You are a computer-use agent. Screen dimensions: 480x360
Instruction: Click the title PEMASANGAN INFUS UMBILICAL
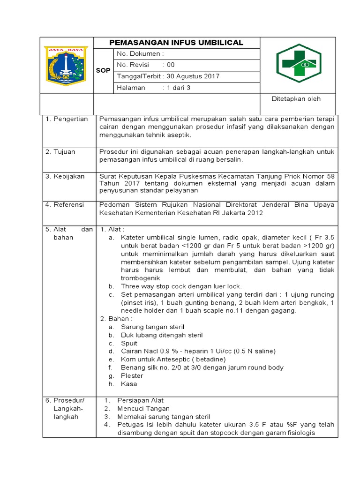(176, 43)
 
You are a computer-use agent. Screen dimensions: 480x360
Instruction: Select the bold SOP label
(103, 71)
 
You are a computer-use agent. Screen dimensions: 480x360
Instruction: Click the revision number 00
(171, 65)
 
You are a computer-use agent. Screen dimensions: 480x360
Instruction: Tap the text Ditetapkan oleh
(296, 99)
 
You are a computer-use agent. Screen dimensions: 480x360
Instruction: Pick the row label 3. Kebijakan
(65, 176)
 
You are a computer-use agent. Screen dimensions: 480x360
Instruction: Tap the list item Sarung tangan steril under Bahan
(152, 327)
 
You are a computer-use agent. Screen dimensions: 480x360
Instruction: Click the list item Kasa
(129, 384)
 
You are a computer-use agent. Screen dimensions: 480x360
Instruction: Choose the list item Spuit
(129, 343)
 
